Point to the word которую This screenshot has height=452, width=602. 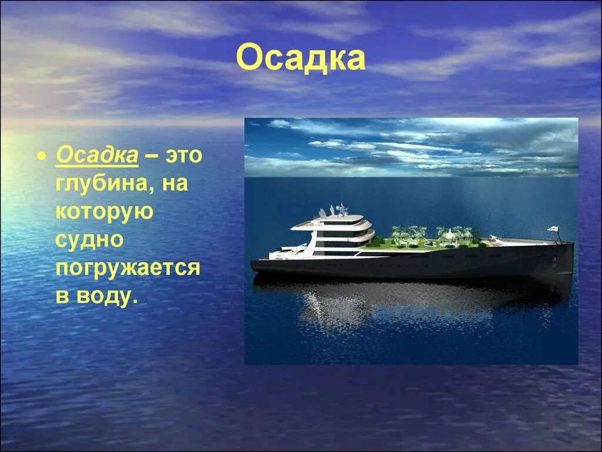pyautogui.click(x=105, y=211)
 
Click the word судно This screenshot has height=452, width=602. pyautogui.click(x=89, y=239)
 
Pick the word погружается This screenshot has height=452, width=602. pyautogui.click(x=128, y=267)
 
